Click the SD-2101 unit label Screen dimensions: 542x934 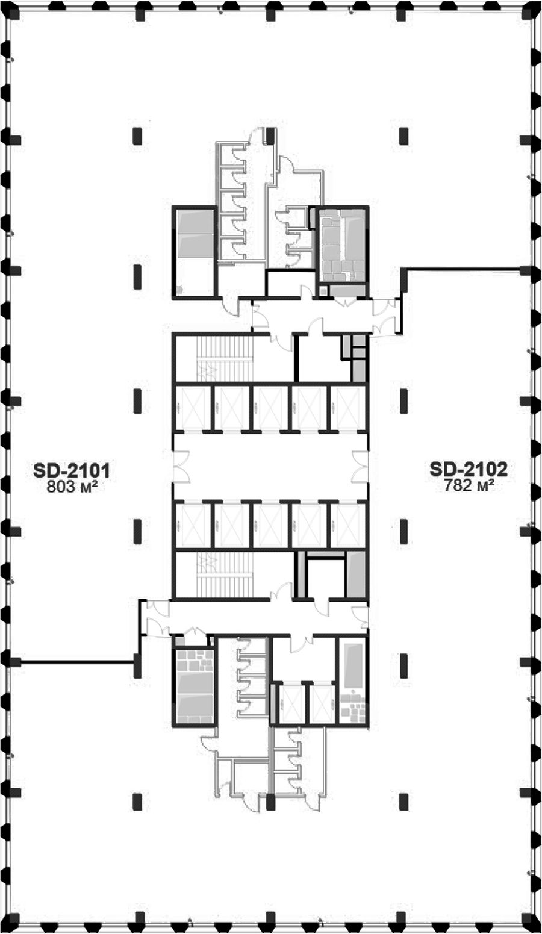click(72, 471)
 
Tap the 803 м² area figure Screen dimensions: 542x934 click(69, 487)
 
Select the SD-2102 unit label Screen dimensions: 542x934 click(469, 470)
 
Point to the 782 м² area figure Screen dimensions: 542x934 click(469, 485)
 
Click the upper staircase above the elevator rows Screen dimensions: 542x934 click(225, 358)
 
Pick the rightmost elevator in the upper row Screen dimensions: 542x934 click(347, 407)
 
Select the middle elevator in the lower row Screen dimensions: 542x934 click(270, 525)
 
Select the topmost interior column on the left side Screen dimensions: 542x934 click(137, 136)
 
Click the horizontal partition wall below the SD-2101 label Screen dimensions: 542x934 click(77, 662)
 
